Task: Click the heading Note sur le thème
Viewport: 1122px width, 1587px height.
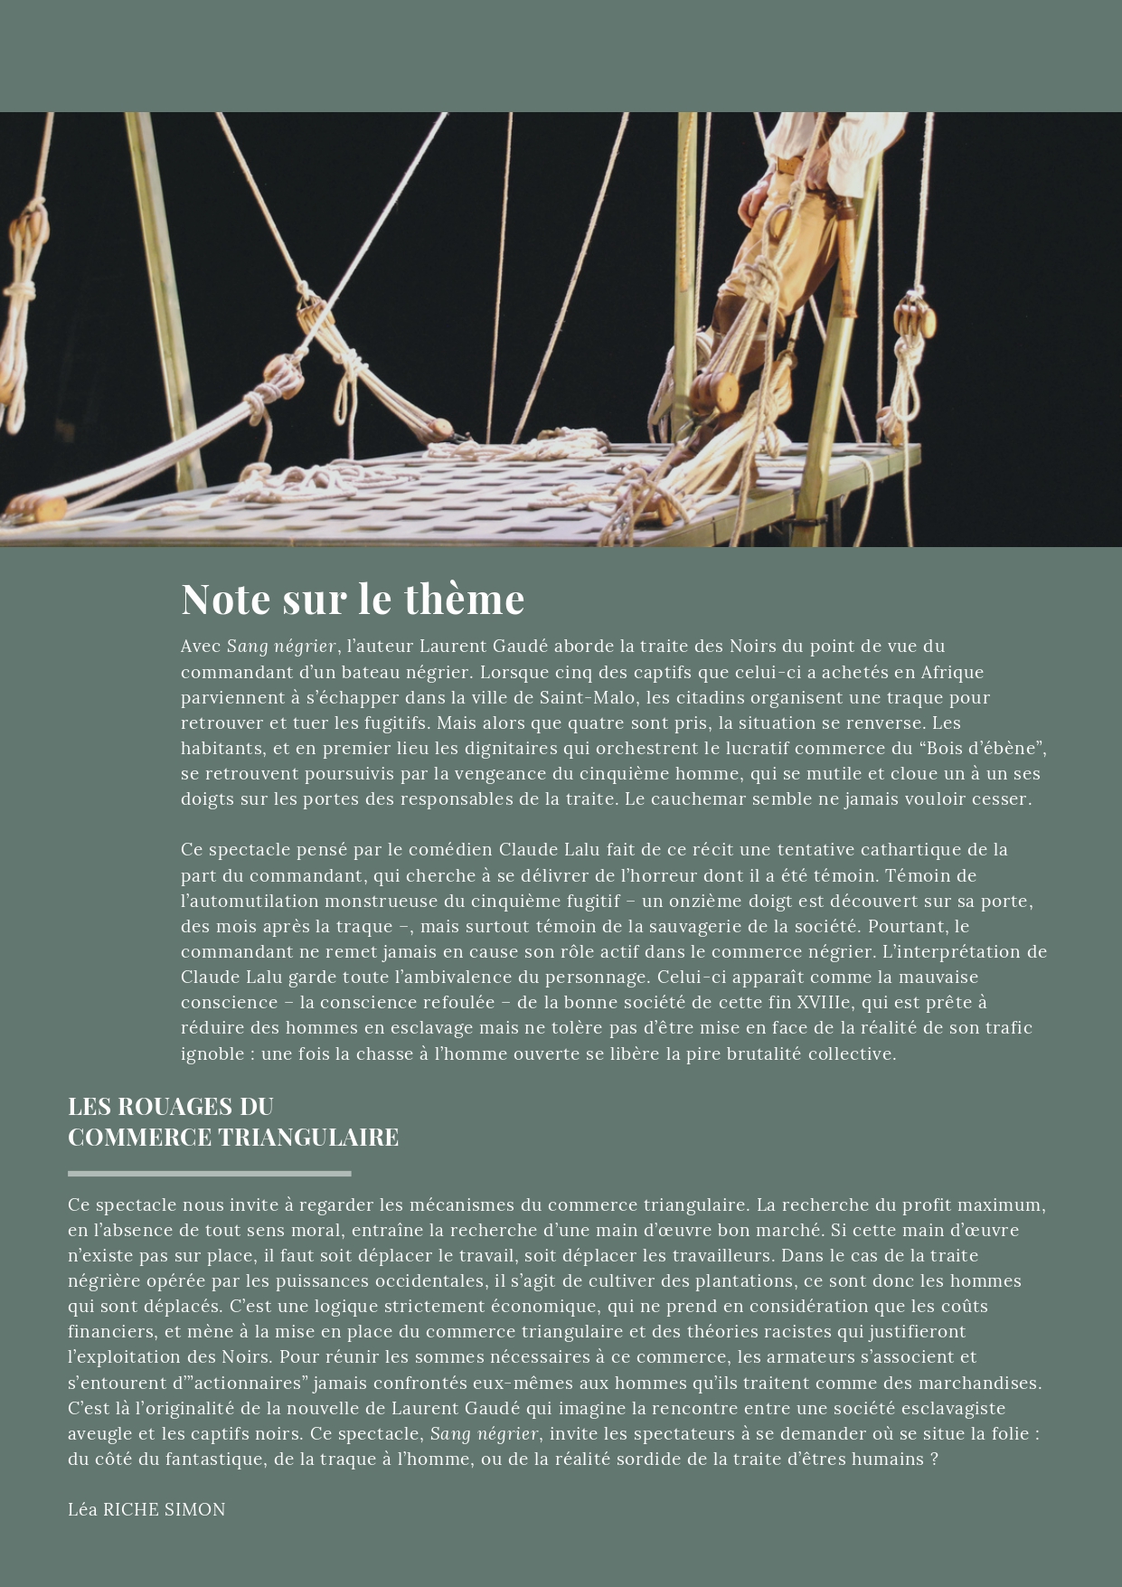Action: [x=353, y=599]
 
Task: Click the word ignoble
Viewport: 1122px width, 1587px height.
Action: [x=212, y=1053]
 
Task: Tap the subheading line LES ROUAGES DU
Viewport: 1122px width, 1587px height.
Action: [x=171, y=1106]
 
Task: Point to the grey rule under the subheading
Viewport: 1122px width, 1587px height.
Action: [x=209, y=1173]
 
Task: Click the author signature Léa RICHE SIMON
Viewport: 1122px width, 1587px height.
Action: [x=146, y=1509]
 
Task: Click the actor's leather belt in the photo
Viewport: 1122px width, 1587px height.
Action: [x=790, y=166]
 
